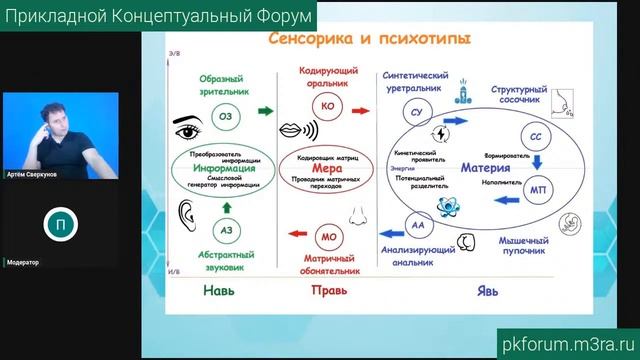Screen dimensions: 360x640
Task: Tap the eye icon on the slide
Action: [x=190, y=128]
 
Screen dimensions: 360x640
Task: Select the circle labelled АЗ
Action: [x=226, y=231]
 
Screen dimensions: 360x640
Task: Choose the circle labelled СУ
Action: [x=418, y=113]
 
